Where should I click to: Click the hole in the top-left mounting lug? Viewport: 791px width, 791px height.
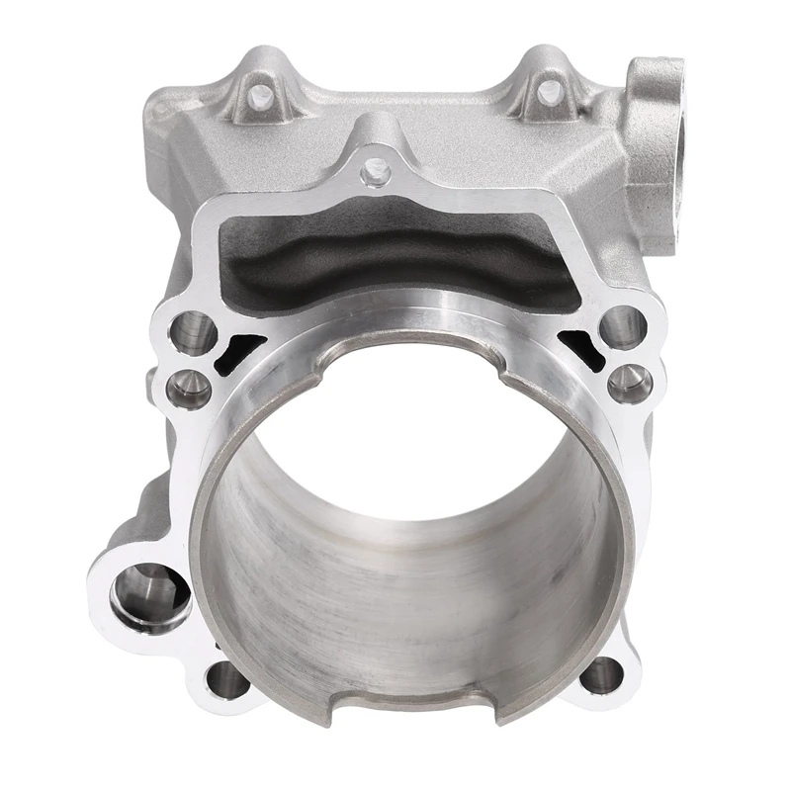(261, 96)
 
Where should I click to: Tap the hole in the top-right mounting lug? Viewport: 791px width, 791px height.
(550, 92)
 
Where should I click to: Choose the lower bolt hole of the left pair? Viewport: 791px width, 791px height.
(188, 387)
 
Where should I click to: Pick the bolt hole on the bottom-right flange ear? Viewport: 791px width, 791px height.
(600, 675)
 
